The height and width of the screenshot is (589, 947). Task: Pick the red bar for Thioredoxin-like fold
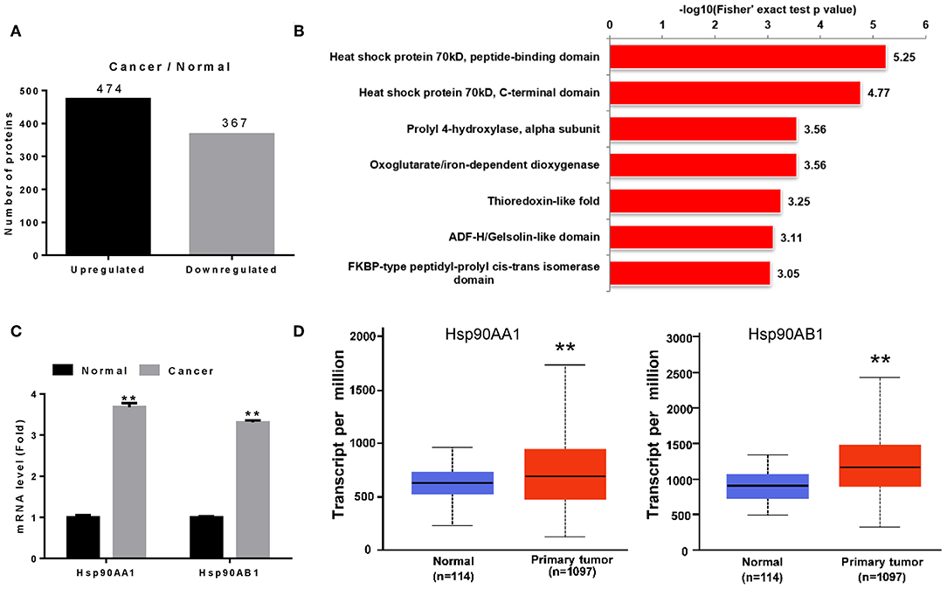[x=695, y=201]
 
